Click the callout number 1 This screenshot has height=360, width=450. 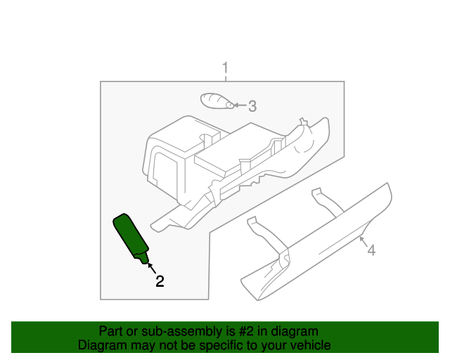tap(225, 68)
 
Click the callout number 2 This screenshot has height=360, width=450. tap(160, 281)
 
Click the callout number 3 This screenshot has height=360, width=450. tap(252, 106)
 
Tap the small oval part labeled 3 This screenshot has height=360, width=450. tap(217, 101)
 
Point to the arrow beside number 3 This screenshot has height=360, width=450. tap(239, 105)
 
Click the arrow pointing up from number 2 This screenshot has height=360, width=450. tap(150, 268)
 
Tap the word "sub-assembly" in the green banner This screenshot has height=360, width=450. tap(163, 331)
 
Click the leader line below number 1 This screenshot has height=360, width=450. tap(225, 78)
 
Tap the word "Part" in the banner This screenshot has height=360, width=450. tap(110, 331)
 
